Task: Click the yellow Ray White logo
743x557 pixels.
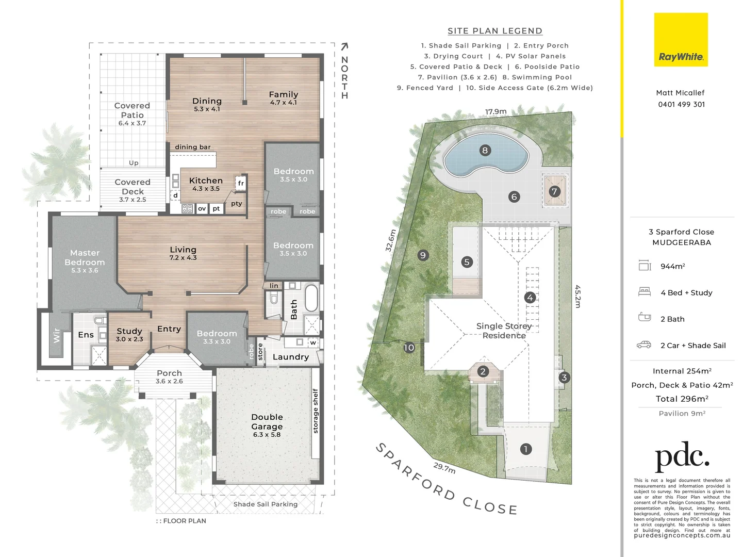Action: point(681,40)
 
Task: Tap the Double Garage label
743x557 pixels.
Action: point(267,422)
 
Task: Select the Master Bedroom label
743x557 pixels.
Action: point(85,258)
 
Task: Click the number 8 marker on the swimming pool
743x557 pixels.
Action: point(485,151)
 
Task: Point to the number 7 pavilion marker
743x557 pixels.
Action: point(554,191)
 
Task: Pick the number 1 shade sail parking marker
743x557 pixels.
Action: point(526,449)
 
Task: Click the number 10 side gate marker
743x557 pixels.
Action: point(409,348)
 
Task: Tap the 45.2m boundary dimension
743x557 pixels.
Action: point(577,297)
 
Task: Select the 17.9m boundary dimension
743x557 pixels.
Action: point(496,111)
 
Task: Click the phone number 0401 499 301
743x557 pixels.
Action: point(681,104)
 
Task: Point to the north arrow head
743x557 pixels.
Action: point(344,47)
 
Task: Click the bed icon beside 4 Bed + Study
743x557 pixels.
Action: point(645,292)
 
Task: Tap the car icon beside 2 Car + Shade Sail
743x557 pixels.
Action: point(644,345)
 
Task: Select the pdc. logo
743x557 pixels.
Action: point(682,456)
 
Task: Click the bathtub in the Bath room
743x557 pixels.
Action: point(310,298)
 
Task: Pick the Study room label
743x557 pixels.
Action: point(129,331)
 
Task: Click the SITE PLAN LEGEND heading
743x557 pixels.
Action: point(495,31)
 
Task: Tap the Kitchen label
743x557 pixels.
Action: point(206,181)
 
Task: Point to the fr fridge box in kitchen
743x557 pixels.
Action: point(241,183)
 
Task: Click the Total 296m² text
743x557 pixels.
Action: point(682,399)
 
